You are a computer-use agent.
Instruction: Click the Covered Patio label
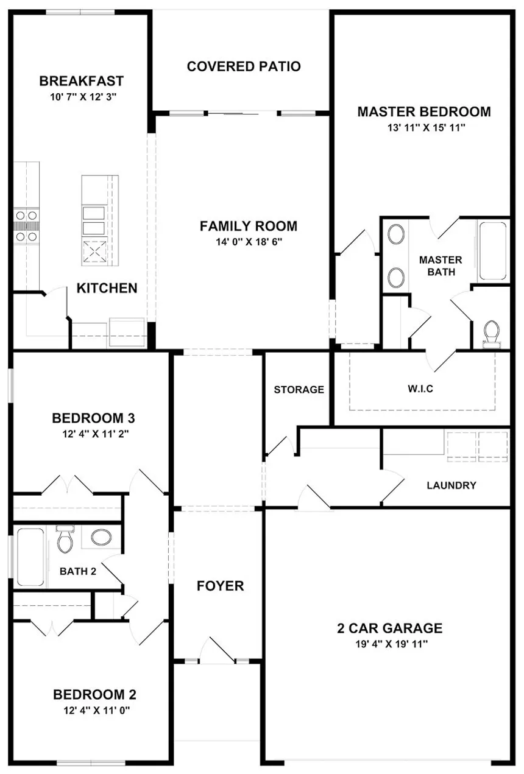coord(244,66)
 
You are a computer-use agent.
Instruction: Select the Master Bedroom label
coord(423,112)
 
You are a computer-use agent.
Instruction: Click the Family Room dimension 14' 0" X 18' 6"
coord(249,242)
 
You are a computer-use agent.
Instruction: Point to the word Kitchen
coord(107,288)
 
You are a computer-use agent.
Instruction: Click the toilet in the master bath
coord(490,334)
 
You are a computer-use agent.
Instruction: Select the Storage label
coord(299,390)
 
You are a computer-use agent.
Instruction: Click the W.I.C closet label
coord(420,389)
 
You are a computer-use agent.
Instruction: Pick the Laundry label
coord(451,485)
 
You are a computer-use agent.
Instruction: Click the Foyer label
coord(220,586)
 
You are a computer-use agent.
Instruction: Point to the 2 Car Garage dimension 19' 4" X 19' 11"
coord(390,644)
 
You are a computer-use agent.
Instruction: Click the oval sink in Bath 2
coord(101,537)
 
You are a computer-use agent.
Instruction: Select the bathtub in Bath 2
coord(30,557)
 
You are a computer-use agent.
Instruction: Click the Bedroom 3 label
coord(93,418)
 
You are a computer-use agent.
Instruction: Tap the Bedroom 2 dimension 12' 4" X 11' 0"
coord(94,710)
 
